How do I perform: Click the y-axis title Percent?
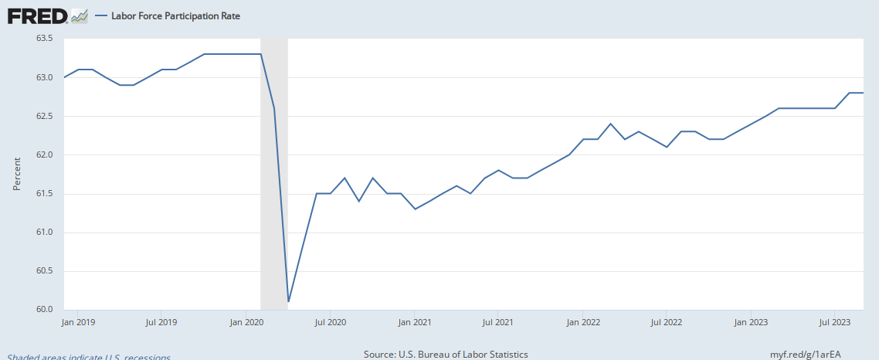pyautogui.click(x=17, y=175)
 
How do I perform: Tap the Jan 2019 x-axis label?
pyautogui.click(x=79, y=321)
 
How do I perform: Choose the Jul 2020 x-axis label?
pyautogui.click(x=330, y=321)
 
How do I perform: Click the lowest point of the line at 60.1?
pyautogui.click(x=288, y=301)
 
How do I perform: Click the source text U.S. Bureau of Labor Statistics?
pyautogui.click(x=446, y=354)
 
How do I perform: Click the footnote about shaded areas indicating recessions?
pyautogui.click(x=89, y=356)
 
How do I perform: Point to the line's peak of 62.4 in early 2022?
pyautogui.click(x=610, y=124)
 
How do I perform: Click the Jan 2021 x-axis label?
pyautogui.click(x=415, y=321)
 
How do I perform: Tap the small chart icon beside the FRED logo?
pyautogui.click(x=79, y=15)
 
